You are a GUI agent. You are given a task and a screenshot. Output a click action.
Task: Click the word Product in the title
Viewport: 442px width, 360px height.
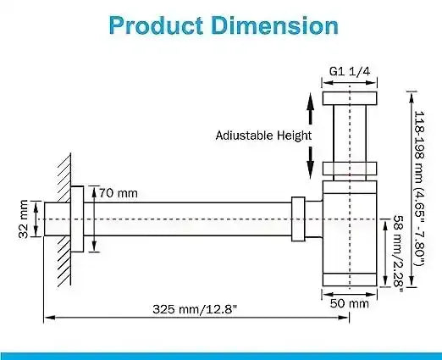pyautogui.click(x=156, y=25)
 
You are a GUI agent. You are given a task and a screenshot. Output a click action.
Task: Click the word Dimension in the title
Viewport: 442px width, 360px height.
pyautogui.click(x=274, y=25)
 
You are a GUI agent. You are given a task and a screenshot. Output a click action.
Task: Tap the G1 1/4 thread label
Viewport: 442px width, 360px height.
pyautogui.click(x=350, y=71)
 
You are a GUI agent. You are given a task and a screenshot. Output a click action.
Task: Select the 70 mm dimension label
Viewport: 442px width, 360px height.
pyautogui.click(x=119, y=193)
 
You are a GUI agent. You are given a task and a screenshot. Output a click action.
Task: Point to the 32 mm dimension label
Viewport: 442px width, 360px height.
pyautogui.click(x=24, y=219)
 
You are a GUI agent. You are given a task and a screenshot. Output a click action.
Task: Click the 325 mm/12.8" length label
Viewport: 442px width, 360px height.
pyautogui.click(x=195, y=309)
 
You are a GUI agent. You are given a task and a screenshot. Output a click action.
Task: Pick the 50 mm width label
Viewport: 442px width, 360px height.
pyautogui.click(x=350, y=303)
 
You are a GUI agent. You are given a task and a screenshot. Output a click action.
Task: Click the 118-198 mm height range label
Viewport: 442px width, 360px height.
pyautogui.click(x=419, y=189)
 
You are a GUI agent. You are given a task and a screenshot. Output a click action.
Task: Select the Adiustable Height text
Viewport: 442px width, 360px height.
pyautogui.click(x=263, y=136)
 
